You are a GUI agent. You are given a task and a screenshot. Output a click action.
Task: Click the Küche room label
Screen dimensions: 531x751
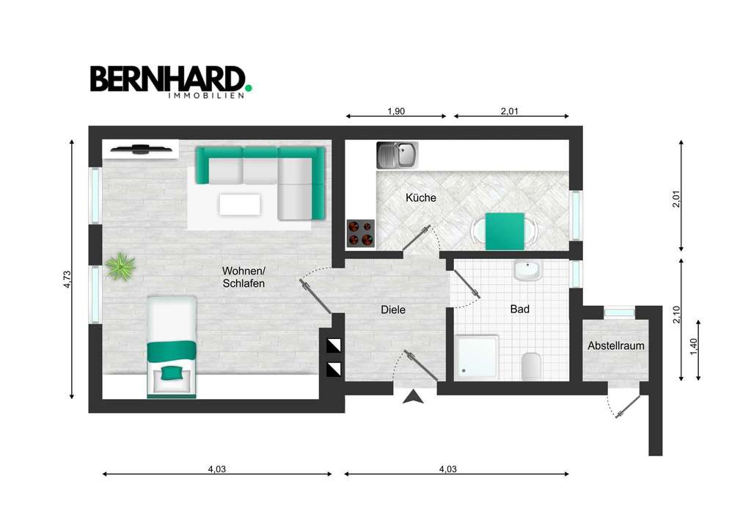pyautogui.click(x=420, y=198)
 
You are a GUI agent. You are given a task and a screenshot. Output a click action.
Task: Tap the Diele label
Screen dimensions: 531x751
pyautogui.click(x=393, y=310)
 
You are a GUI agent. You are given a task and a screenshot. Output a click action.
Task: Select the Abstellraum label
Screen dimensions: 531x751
pyautogui.click(x=616, y=346)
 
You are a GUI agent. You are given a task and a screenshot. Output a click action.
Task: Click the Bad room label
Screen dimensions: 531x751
pyautogui.click(x=520, y=310)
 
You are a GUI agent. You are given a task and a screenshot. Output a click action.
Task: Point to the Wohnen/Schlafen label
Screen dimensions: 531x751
pyautogui.click(x=243, y=277)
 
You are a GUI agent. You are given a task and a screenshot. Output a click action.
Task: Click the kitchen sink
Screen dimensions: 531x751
pyautogui.click(x=396, y=155)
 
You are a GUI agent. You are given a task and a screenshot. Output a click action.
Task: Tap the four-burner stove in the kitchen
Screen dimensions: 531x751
pyautogui.click(x=360, y=233)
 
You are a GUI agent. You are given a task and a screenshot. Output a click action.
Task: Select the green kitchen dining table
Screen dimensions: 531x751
pyautogui.click(x=505, y=230)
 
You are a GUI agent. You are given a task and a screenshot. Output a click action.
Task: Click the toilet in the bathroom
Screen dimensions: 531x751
pyautogui.click(x=531, y=365)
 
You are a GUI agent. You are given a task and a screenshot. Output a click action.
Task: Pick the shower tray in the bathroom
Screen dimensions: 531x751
pyautogui.click(x=477, y=357)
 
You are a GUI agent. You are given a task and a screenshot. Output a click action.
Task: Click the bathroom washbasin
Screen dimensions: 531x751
pyautogui.click(x=527, y=271)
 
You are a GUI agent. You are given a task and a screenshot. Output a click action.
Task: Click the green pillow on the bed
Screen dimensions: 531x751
pyautogui.click(x=172, y=372)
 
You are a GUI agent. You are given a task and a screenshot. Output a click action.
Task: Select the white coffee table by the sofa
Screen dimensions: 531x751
pyautogui.click(x=240, y=204)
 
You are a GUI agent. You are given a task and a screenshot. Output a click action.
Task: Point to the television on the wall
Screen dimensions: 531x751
pyautogui.click(x=139, y=150)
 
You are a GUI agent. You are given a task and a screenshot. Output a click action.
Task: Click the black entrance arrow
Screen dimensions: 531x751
pyautogui.click(x=414, y=397)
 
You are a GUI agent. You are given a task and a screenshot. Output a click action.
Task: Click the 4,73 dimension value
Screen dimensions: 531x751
pyautogui.click(x=67, y=279)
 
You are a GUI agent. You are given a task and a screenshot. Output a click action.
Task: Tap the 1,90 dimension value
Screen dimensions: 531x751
pyautogui.click(x=396, y=111)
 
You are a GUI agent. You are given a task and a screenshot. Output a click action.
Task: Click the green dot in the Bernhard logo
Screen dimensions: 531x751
pyautogui.click(x=248, y=87)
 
